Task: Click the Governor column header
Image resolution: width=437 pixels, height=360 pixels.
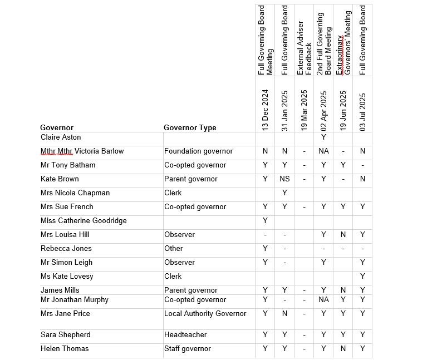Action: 57,127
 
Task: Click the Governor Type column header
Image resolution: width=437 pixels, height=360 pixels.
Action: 190,127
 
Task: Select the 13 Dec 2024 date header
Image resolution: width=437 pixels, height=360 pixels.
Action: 265,110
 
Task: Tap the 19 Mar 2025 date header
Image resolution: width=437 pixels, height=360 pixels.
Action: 304,110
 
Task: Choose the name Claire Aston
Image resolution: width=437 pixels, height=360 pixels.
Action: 61,137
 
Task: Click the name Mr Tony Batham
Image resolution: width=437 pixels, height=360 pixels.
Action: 68,165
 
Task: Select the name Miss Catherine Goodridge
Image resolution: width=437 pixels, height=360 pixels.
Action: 84,220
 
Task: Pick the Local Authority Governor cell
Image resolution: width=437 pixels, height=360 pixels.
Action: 205,313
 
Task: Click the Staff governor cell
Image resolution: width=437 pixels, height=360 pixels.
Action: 188,348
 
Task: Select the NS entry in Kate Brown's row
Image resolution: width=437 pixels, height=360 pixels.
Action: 284,179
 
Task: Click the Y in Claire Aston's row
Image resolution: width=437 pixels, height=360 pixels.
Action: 323,137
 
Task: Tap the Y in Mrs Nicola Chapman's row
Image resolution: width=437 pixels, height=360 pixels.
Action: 284,193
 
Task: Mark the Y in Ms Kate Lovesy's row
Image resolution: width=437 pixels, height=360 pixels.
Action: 362,276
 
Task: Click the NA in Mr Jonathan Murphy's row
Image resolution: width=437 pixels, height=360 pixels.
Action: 323,299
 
